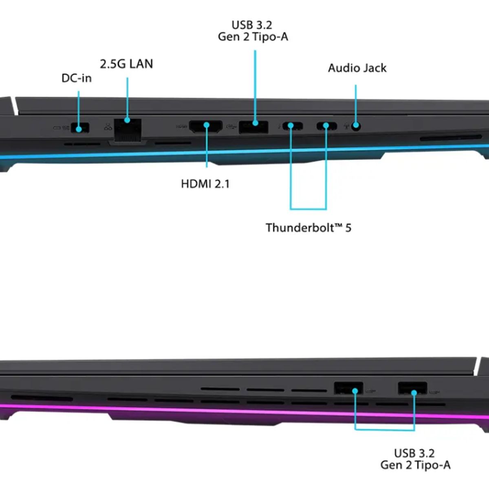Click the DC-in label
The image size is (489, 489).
point(76,78)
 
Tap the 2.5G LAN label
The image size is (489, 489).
point(126,64)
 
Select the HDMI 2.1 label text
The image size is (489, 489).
point(205,184)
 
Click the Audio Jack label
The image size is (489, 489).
point(357,68)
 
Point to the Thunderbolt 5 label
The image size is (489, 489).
point(308,228)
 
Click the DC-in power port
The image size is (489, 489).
point(80,128)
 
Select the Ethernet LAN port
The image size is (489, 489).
point(128,130)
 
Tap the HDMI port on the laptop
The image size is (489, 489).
point(206,127)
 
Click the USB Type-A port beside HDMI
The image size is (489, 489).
point(253,127)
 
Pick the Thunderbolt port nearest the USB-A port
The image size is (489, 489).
point(293,126)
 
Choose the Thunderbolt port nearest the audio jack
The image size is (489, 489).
point(327,126)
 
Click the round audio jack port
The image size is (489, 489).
point(356,126)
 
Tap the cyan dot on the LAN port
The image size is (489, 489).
point(128,120)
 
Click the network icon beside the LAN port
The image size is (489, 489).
point(108,127)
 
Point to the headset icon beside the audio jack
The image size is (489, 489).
point(346,126)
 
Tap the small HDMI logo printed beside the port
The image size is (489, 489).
point(182,126)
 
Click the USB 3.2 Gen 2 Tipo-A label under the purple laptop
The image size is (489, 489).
point(415,459)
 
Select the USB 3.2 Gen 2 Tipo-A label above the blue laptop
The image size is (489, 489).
point(253,31)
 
